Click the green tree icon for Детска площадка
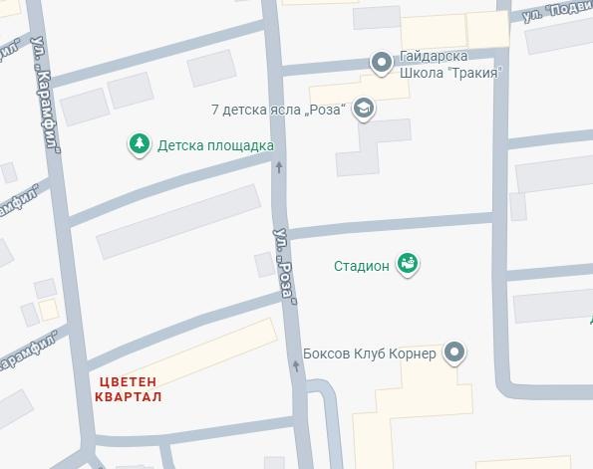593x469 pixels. [139, 145]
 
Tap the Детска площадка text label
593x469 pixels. [215, 145]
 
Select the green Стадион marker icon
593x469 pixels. [407, 264]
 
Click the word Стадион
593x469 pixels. [360, 266]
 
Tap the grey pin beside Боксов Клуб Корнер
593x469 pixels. [454, 352]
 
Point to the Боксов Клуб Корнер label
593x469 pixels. [369, 354]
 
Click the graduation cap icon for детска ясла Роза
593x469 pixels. [364, 109]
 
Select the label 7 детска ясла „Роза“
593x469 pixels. [279, 109]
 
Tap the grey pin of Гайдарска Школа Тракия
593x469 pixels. [381, 63]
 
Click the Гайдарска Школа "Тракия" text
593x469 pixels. [448, 65]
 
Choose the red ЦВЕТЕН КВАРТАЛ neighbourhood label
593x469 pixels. [130, 388]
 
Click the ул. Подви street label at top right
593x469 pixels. [558, 11]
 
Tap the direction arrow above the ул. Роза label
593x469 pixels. [279, 166]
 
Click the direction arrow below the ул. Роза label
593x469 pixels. [295, 366]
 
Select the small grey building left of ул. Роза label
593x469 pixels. [264, 264]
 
